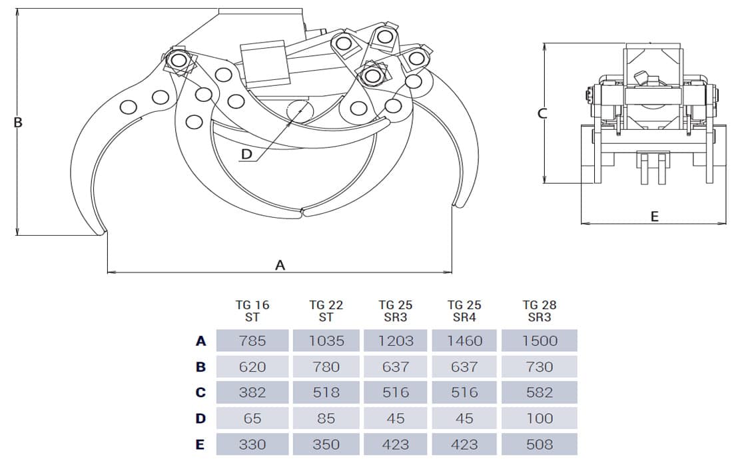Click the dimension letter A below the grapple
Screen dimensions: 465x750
[280, 265]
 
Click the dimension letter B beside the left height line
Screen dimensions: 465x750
[18, 123]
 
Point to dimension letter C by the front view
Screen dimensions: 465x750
[542, 113]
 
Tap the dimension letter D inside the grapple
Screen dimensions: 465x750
[247, 155]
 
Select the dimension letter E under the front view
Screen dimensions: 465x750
[654, 217]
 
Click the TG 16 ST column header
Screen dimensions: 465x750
[252, 310]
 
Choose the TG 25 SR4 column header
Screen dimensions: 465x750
[464, 310]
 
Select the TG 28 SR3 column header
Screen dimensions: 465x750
[540, 310]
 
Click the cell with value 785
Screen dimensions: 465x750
[252, 341]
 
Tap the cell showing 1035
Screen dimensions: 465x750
[326, 341]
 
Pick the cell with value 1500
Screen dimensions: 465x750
[540, 341]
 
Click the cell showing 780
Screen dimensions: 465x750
[326, 366]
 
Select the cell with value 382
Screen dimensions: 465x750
[252, 392]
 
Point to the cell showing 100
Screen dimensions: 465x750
[540, 418]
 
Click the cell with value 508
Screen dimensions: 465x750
[540, 444]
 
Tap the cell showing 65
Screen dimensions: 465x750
[252, 418]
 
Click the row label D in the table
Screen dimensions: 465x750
[200, 418]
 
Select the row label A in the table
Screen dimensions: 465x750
[200, 341]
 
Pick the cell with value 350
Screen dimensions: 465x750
[326, 444]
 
